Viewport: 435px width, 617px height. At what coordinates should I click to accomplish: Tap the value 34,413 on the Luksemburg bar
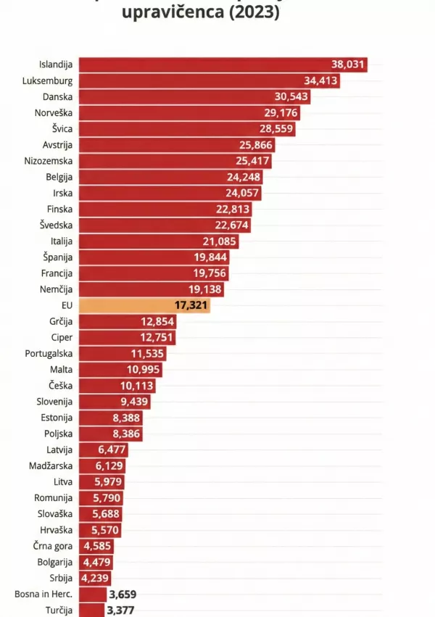tap(319, 80)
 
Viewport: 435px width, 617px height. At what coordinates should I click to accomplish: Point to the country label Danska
tap(58, 96)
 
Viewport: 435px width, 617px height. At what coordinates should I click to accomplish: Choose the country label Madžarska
tap(51, 465)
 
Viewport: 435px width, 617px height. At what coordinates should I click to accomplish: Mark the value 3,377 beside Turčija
tap(120, 610)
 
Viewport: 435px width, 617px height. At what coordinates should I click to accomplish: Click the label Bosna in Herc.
tap(43, 594)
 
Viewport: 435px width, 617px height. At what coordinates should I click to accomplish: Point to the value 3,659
tap(123, 594)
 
